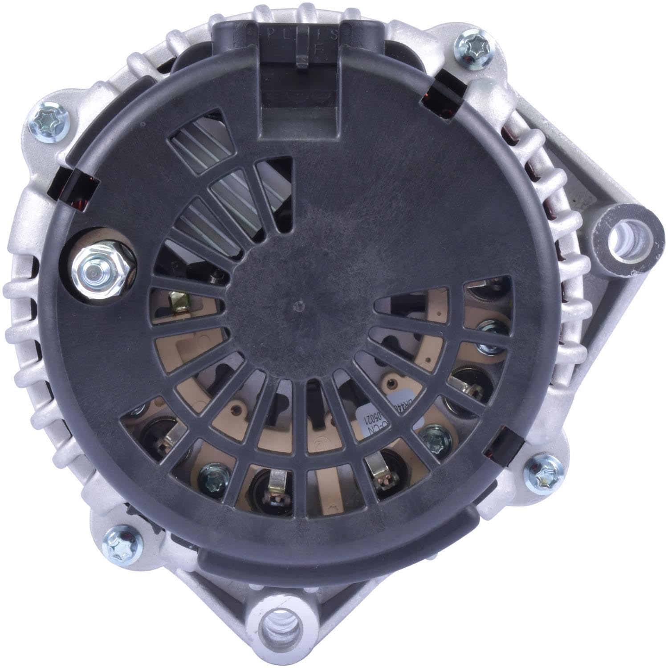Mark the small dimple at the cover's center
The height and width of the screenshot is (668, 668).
[298, 305]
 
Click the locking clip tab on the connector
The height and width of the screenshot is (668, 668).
[302, 60]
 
